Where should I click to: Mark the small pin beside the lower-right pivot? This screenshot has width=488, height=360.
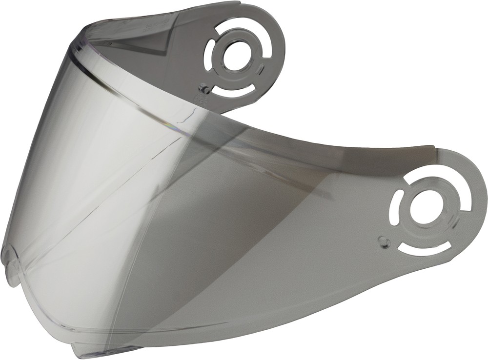pyautogui.click(x=384, y=240)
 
